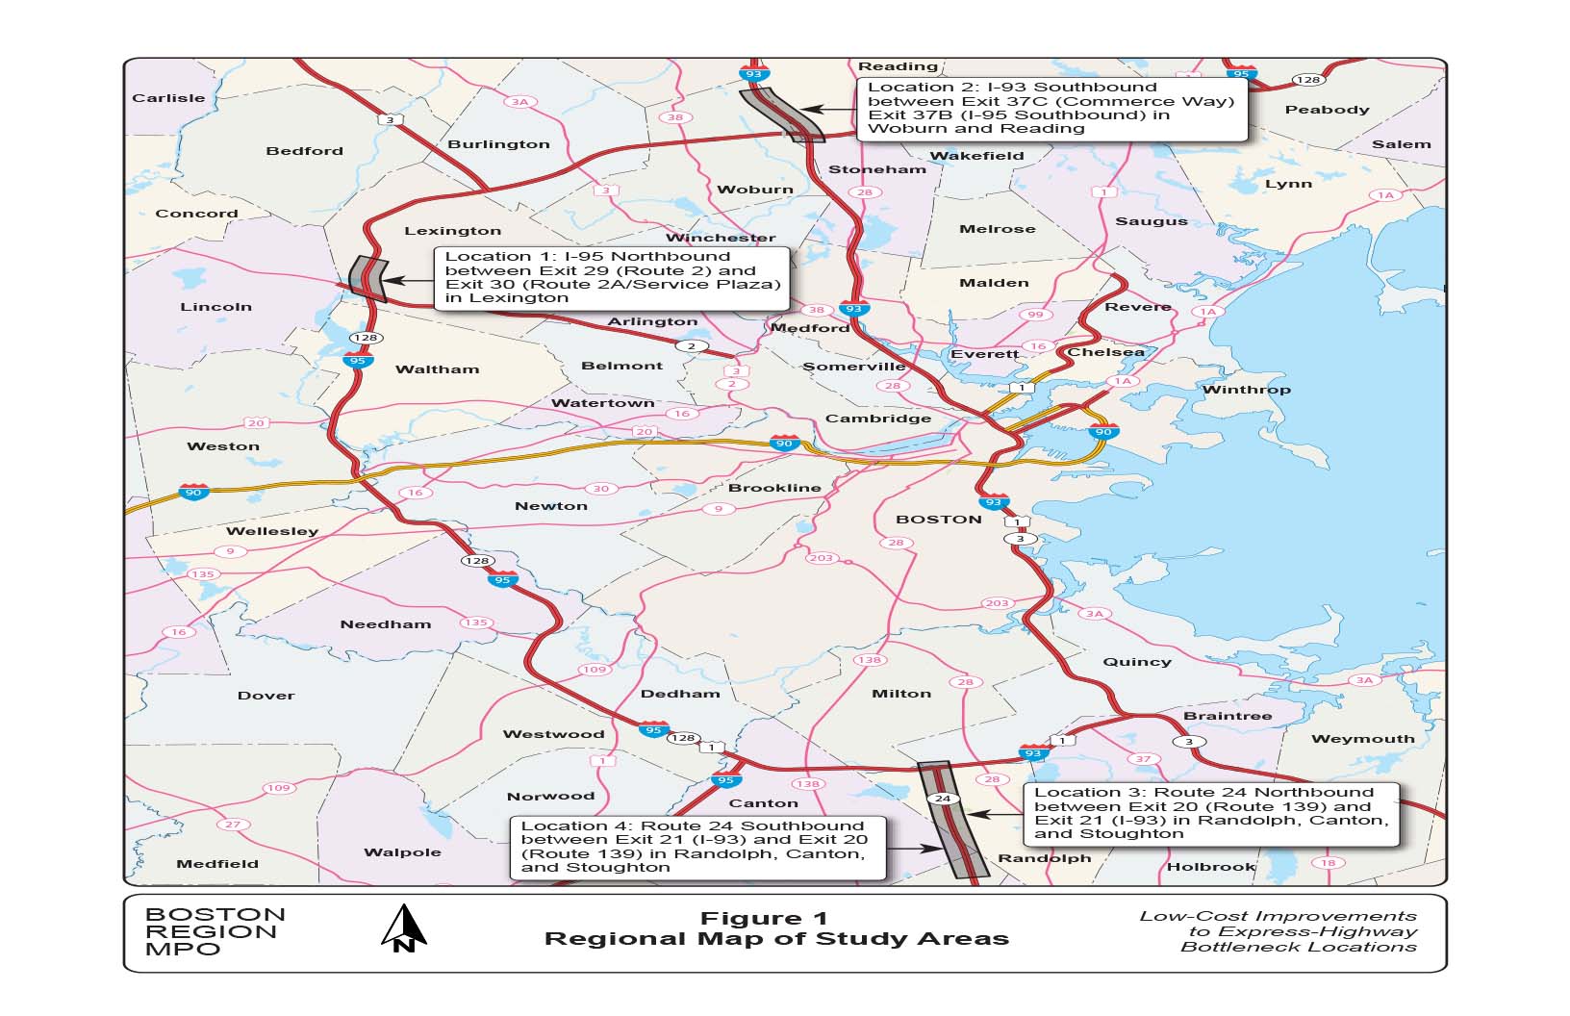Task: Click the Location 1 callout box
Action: [612, 278]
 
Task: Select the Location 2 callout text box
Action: [1051, 108]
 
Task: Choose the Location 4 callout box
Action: [696, 847]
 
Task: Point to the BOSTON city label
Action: [938, 520]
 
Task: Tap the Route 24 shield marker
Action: [944, 799]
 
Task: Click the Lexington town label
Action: [452, 231]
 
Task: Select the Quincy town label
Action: [1136, 662]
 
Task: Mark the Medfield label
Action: [217, 864]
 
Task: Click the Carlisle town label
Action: [168, 98]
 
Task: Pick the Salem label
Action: [1401, 144]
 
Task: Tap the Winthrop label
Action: [1246, 390]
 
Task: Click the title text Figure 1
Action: [764, 919]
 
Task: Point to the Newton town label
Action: [550, 506]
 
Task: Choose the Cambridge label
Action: [877, 419]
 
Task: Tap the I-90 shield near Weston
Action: [194, 493]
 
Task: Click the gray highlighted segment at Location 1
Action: [367, 279]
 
